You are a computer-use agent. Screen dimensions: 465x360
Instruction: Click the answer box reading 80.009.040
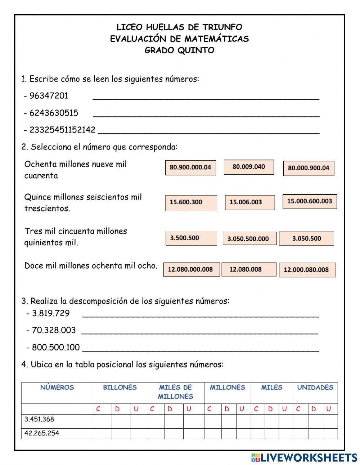249,167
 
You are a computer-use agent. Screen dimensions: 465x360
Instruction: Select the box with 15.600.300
191,203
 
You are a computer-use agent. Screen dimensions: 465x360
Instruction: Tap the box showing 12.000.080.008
307,270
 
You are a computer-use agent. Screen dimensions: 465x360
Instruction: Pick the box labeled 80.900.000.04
190,168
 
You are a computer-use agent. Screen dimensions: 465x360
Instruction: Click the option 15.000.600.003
310,201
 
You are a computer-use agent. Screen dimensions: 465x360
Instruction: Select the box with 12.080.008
248,269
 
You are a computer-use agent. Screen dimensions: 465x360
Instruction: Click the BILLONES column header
120,388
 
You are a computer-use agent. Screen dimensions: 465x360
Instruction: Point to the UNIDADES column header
315,388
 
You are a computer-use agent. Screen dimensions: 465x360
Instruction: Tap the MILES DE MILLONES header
176,392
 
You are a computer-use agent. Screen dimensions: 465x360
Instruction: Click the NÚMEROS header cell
57,388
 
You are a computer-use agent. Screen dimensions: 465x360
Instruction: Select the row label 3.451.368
39,419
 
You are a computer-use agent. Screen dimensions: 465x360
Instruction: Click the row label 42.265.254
42,433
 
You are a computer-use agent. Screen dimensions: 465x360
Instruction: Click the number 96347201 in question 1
49,96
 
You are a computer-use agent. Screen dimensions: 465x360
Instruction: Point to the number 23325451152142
62,130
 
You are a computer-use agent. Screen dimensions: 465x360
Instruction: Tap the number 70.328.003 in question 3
54,330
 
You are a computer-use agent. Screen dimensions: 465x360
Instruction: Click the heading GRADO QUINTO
179,50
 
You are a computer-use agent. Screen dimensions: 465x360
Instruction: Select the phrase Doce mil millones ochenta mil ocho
91,266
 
